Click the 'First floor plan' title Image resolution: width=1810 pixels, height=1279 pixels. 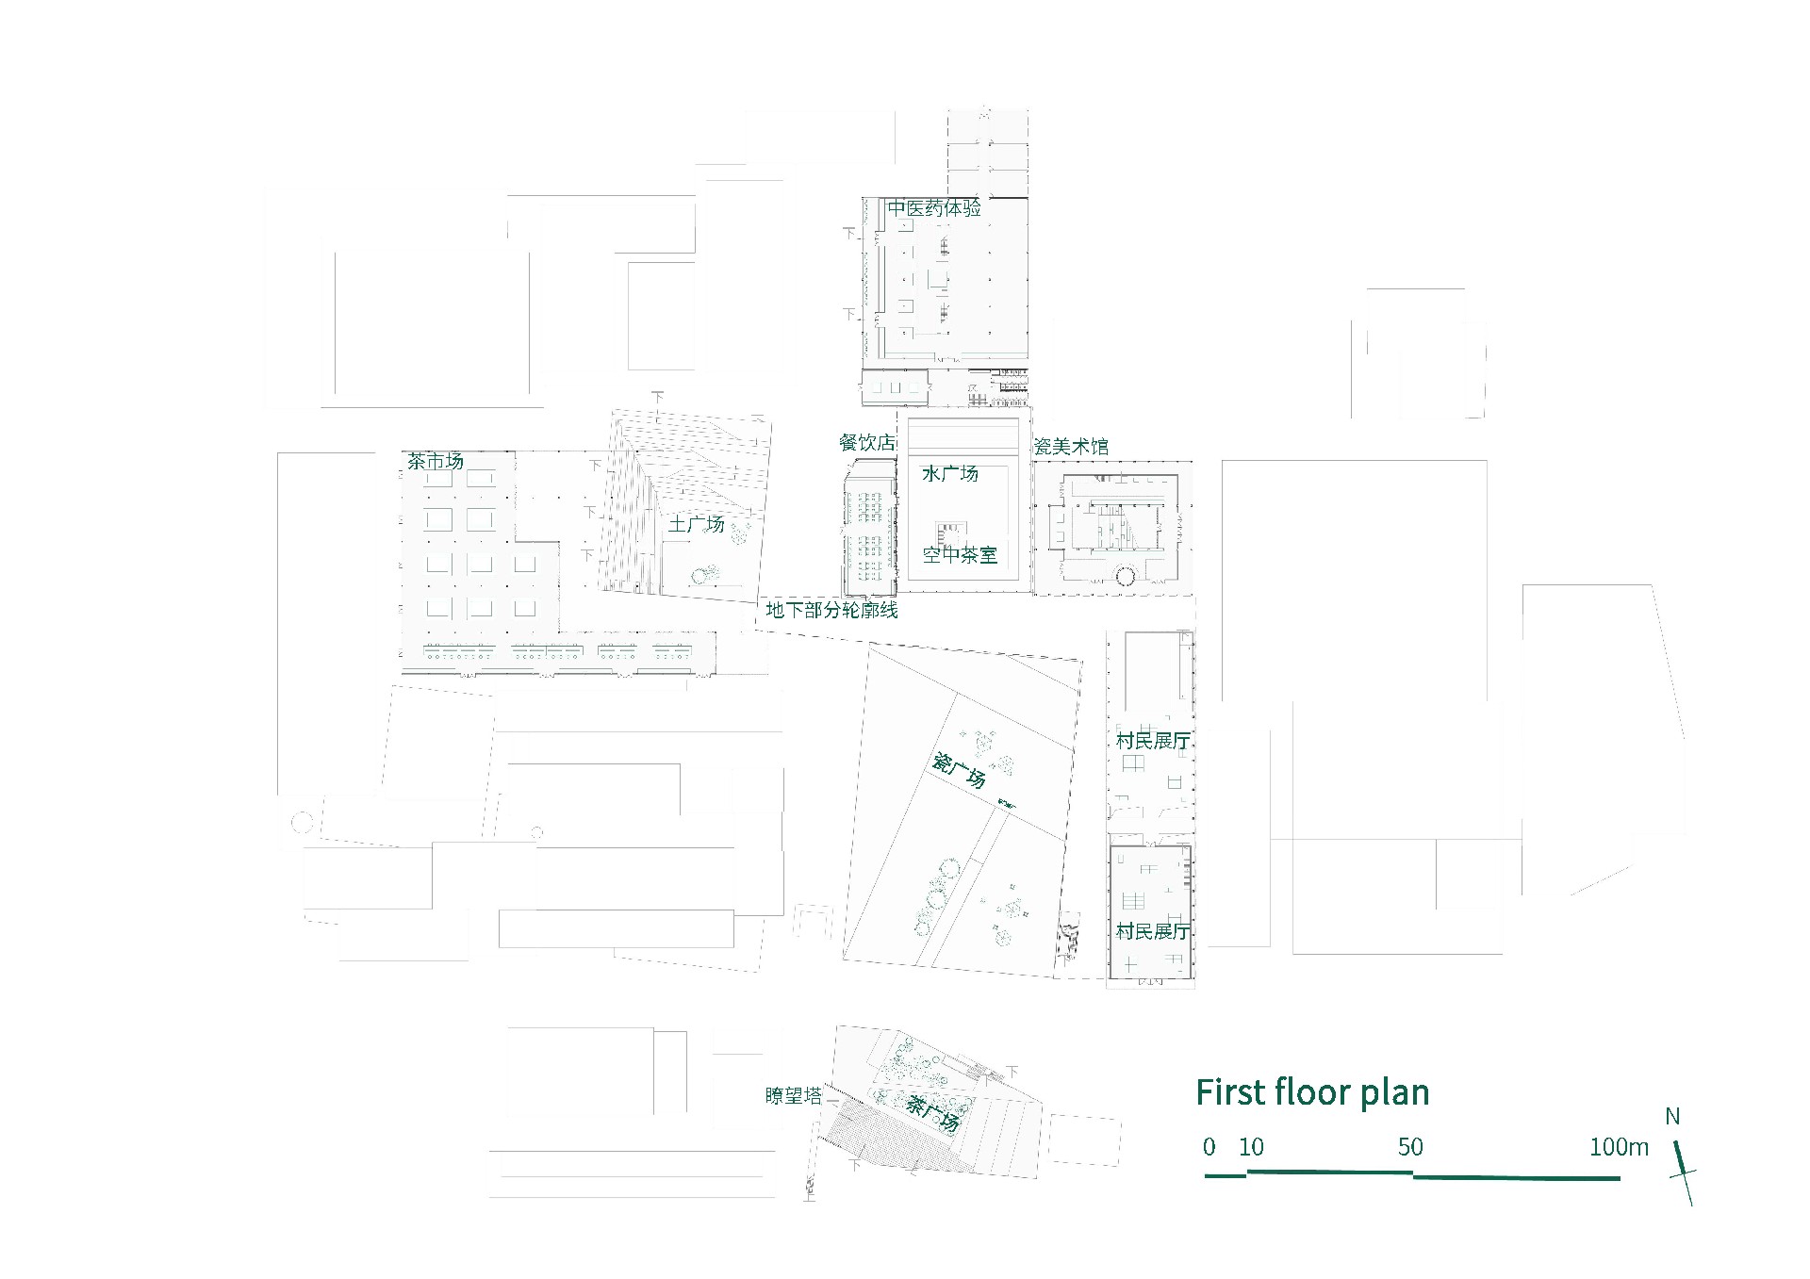[x=1312, y=1092]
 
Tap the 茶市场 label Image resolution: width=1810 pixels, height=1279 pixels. [x=436, y=461]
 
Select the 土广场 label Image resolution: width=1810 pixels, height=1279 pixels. [x=696, y=523]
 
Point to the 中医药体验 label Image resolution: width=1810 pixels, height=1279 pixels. [x=934, y=208]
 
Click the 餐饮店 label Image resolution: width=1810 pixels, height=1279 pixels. [x=867, y=442]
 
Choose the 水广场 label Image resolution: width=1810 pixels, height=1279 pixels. [x=950, y=473]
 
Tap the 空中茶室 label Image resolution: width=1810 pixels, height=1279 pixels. [x=960, y=555]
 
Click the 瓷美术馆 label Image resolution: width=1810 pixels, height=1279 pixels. [x=1071, y=446]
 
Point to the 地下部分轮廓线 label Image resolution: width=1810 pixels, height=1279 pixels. [x=831, y=610]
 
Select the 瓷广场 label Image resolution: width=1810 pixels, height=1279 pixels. [x=959, y=770]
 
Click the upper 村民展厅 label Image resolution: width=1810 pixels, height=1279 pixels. [x=1153, y=741]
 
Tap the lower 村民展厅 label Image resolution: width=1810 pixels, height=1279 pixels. [x=1153, y=931]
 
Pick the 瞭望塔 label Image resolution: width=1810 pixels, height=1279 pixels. [x=794, y=1095]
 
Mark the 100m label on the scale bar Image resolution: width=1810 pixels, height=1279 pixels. [x=1620, y=1147]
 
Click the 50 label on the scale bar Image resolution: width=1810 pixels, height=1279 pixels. [x=1410, y=1147]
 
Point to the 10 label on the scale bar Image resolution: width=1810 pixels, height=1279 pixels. [x=1251, y=1147]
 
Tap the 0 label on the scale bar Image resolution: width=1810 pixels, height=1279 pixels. [x=1209, y=1147]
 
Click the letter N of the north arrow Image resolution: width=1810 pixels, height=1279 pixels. [x=1672, y=1117]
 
